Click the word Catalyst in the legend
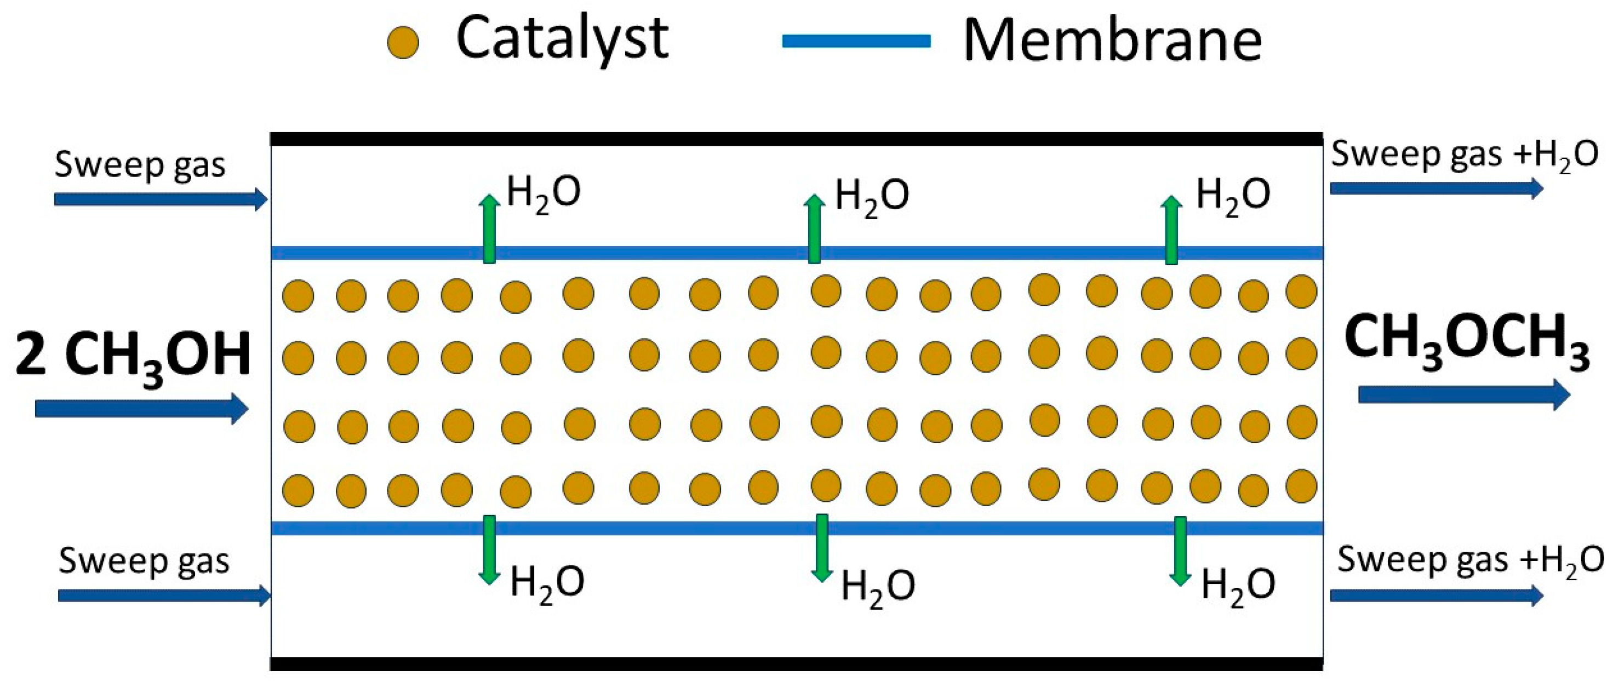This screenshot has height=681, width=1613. pyautogui.click(x=562, y=39)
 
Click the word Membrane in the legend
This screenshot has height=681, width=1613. pyautogui.click(x=1112, y=41)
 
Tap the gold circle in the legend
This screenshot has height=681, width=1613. pyautogui.click(x=403, y=43)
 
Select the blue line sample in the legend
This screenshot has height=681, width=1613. pyautogui.click(x=856, y=41)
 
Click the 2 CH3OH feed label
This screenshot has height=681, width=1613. pyautogui.click(x=133, y=356)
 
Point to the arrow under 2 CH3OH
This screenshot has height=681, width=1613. pyautogui.click(x=141, y=409)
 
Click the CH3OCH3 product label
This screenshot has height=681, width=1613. pyautogui.click(x=1467, y=341)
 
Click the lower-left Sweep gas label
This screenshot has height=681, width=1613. pyautogui.click(x=144, y=561)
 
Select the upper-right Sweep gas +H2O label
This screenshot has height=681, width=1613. pyautogui.click(x=1464, y=154)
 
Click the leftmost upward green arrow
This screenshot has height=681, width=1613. pyautogui.click(x=490, y=228)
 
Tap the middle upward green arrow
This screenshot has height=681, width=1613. pyautogui.click(x=814, y=228)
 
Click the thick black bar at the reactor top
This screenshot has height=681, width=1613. pyautogui.click(x=795, y=139)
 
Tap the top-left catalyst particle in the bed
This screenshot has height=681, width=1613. pyautogui.click(x=298, y=296)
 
